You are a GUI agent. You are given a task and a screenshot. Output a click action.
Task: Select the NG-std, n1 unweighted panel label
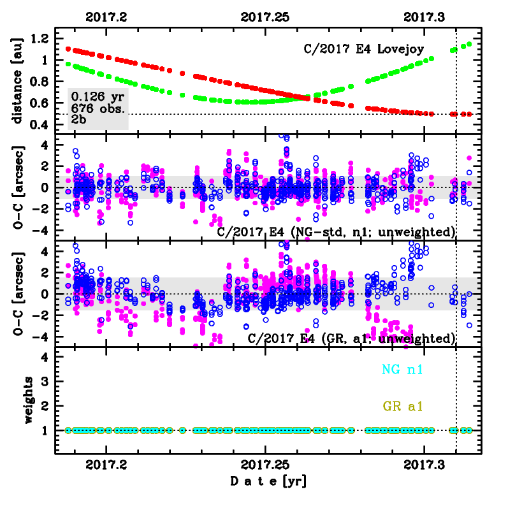[x=337, y=231]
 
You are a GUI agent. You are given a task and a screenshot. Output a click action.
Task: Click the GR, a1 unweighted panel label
[x=351, y=338]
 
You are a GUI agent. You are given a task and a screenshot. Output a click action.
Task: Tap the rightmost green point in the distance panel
[x=470, y=44]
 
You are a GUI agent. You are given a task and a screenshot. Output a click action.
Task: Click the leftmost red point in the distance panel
[x=69, y=49]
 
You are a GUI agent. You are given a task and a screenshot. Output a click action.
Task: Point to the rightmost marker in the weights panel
[x=470, y=430]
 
